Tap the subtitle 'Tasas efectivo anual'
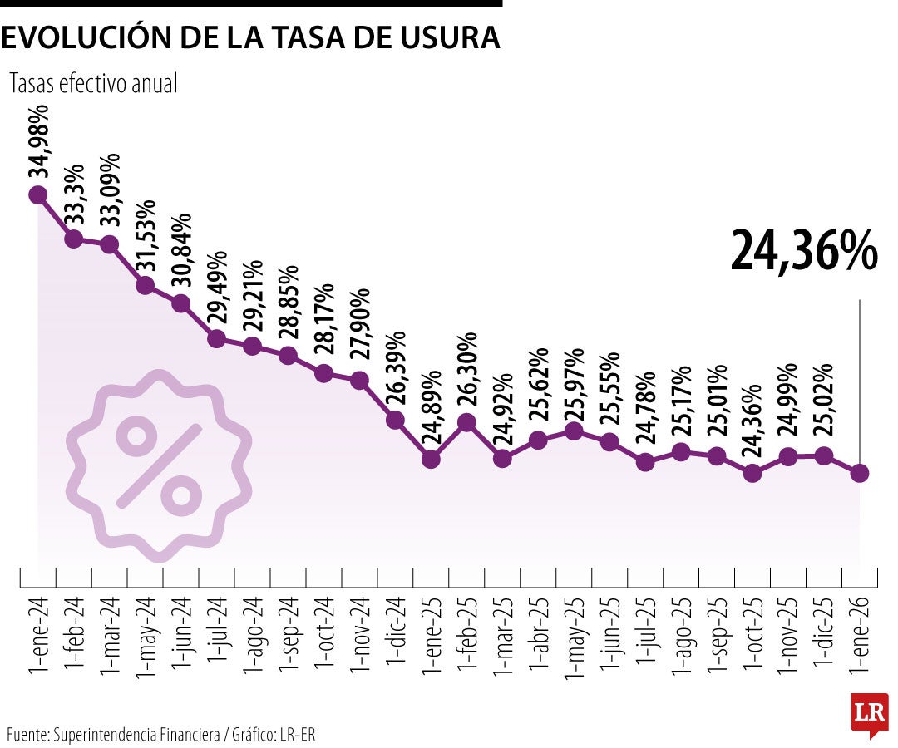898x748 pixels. [x=93, y=83]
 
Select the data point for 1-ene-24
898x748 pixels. [x=37, y=195]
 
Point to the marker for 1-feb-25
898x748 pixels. [x=466, y=422]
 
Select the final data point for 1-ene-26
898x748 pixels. [x=860, y=473]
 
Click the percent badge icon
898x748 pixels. [x=158, y=462]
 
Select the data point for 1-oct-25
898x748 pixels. [x=752, y=474]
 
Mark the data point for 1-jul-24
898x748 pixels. [x=216, y=338]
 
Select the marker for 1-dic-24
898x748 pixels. [x=395, y=420]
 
